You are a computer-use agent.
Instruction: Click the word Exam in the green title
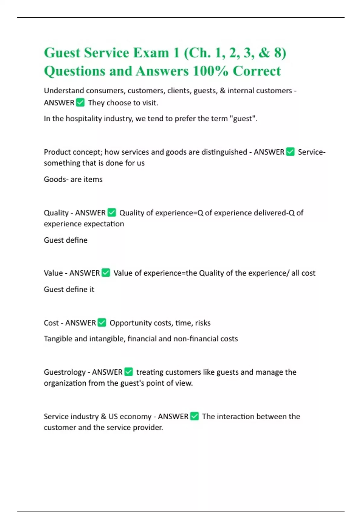point(151,53)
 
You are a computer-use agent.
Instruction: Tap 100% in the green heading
point(210,71)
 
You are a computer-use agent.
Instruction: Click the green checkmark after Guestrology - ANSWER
point(129,372)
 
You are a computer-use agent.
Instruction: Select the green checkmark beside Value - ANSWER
point(106,273)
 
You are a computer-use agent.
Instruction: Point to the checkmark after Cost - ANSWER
point(102,323)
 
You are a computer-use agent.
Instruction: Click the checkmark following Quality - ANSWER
point(112,213)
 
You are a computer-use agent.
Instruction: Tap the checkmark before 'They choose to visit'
point(80,103)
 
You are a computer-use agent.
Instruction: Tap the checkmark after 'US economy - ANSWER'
point(195,417)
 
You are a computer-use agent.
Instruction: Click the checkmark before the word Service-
point(290,152)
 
